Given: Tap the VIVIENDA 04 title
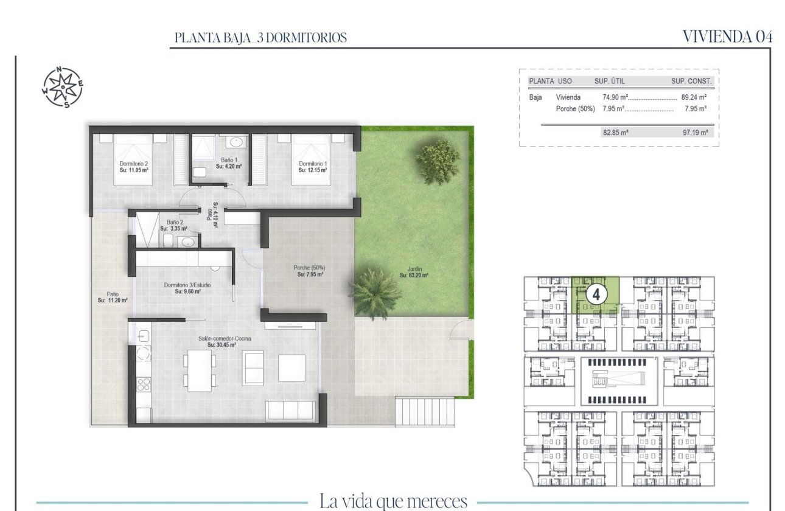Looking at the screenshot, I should pyautogui.click(x=727, y=36).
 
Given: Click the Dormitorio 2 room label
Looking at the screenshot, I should pyautogui.click(x=134, y=167).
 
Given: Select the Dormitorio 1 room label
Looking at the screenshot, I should pyautogui.click(x=313, y=167).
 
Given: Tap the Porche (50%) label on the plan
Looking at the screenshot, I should pyautogui.click(x=310, y=271).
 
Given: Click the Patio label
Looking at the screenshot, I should pyautogui.click(x=113, y=296).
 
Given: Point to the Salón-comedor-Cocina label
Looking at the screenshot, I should pyautogui.click(x=221, y=341).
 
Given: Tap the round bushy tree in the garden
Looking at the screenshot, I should pyautogui.click(x=438, y=161).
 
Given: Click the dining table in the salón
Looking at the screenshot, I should pyautogui.click(x=199, y=370).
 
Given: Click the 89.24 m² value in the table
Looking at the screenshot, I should pyautogui.click(x=693, y=97).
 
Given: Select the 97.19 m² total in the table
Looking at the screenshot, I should pyautogui.click(x=695, y=132).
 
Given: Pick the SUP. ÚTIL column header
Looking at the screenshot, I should pyautogui.click(x=609, y=81).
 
